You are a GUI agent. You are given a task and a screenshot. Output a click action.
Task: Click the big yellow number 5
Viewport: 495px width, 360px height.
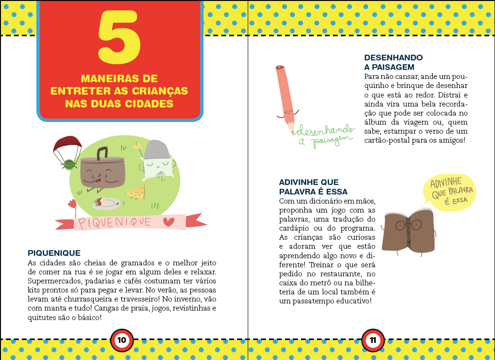pyautogui.click(x=119, y=37)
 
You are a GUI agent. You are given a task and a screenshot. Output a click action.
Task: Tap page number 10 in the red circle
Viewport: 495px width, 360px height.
pyautogui.click(x=122, y=340)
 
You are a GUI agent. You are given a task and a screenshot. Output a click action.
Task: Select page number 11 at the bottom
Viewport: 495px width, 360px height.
pyautogui.click(x=373, y=340)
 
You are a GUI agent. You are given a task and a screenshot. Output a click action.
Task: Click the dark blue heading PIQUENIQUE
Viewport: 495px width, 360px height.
pyautogui.click(x=54, y=253)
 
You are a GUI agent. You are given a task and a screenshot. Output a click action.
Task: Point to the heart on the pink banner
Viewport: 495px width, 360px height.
pyautogui.click(x=169, y=222)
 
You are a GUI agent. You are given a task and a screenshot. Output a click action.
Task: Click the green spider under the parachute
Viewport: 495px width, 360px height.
pyautogui.click(x=69, y=164)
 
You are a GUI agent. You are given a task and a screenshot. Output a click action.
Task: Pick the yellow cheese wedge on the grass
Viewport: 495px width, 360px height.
pyautogui.click(x=136, y=192)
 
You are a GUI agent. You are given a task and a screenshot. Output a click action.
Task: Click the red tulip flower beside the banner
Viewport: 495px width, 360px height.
pyautogui.click(x=72, y=204)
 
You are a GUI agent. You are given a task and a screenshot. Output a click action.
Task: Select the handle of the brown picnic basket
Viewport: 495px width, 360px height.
pyautogui.click(x=102, y=154)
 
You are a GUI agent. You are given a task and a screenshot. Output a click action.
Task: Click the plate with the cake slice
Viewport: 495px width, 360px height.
pyautogui.click(x=107, y=204)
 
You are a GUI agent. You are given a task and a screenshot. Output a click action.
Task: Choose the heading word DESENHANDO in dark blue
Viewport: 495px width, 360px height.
pyautogui.click(x=393, y=58)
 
